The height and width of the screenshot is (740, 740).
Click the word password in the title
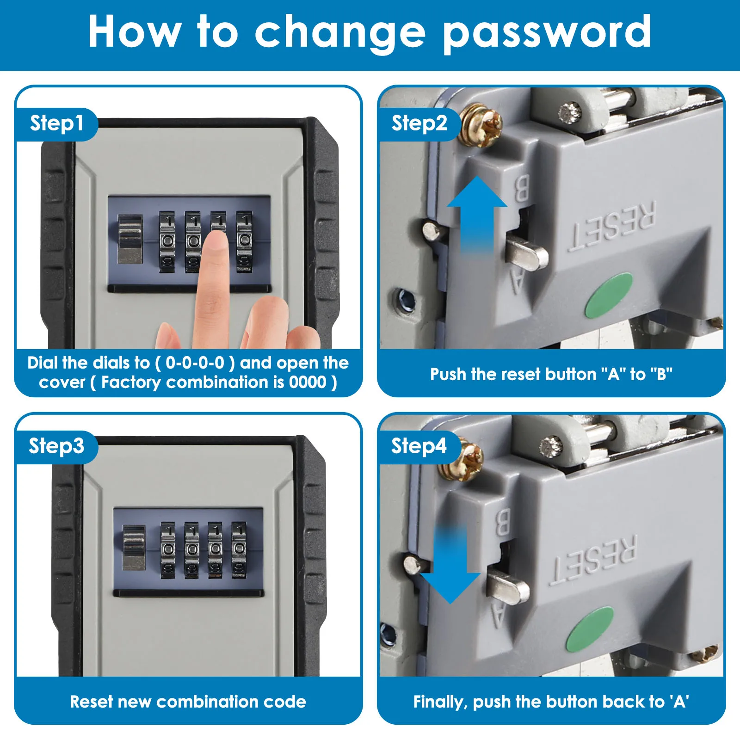547,32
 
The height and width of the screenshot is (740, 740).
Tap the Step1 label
56,123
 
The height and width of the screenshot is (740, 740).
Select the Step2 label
419,123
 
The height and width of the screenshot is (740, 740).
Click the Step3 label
56,446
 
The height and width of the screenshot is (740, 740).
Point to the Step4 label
419,446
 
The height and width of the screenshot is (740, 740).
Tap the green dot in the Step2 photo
608,295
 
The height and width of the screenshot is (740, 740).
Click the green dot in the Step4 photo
590,629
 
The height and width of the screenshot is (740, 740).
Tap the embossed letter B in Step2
522,188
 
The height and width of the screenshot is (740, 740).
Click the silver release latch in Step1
130,239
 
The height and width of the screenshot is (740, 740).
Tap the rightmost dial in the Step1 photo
244,241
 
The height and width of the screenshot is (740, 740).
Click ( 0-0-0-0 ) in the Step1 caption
195,363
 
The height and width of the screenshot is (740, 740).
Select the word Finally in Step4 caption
439,702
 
